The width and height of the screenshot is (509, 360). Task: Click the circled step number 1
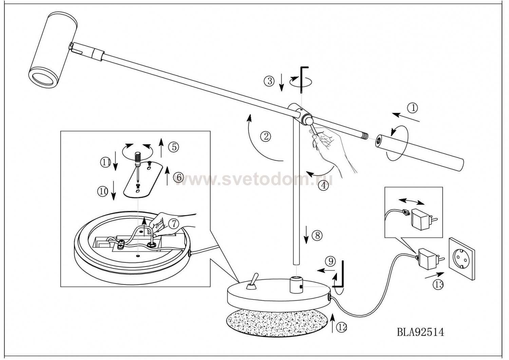pos(413,108)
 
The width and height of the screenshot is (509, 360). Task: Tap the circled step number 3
pos(270,81)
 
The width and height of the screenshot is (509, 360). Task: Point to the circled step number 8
pos(316,235)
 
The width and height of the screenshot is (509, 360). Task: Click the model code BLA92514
pos(420,331)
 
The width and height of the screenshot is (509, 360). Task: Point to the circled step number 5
pos(173,147)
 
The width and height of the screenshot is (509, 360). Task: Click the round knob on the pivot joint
pos(308,120)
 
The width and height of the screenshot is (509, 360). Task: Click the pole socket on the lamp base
pos(296,285)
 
